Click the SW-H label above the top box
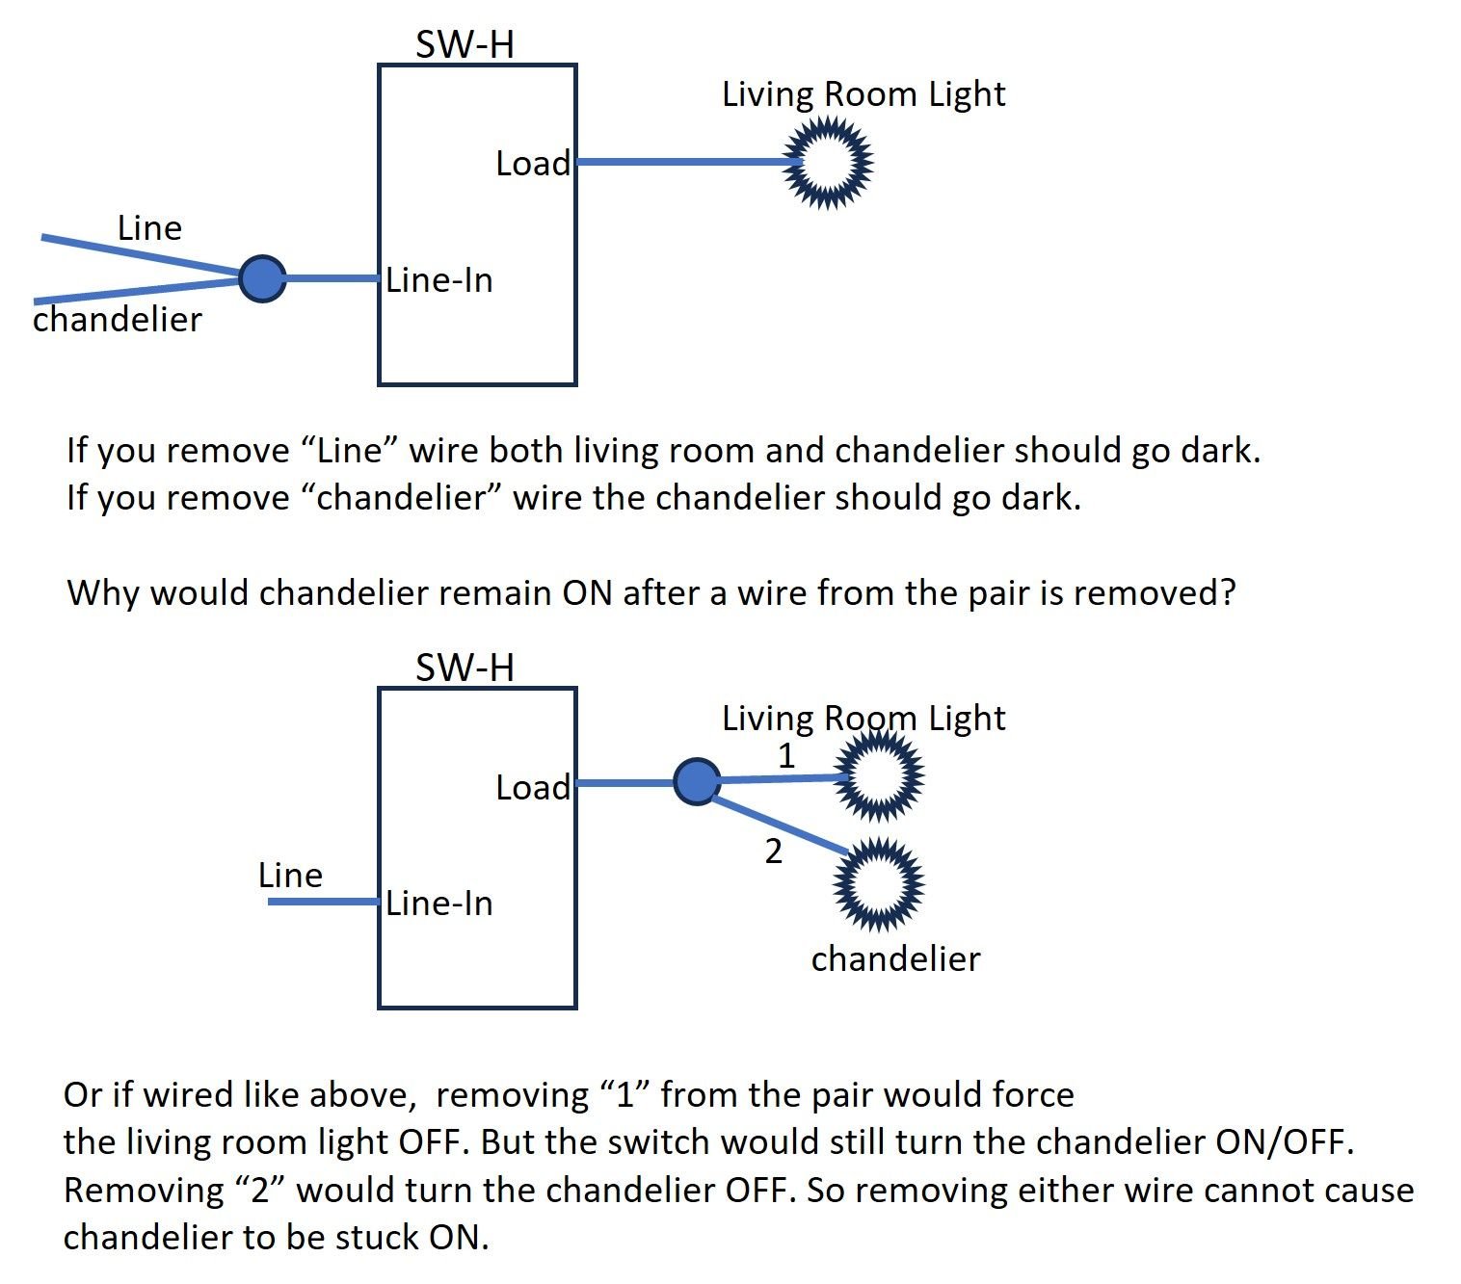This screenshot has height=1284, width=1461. [465, 44]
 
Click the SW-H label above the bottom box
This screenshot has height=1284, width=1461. [465, 668]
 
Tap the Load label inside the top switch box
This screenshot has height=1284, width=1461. [533, 164]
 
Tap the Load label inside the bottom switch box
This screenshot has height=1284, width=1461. [533, 788]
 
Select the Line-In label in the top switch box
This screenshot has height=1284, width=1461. [439, 280]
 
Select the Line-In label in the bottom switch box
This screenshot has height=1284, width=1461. [439, 904]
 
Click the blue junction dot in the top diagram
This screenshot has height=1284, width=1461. [262, 279]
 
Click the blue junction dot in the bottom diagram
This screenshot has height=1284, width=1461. [697, 781]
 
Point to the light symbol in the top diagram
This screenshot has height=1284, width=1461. [827, 163]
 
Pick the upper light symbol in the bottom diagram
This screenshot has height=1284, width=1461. [879, 776]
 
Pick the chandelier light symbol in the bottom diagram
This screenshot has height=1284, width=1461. [879, 884]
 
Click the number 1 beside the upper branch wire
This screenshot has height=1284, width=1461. [786, 756]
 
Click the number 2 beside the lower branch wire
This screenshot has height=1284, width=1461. [773, 852]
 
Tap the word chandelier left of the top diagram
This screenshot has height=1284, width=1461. [118, 319]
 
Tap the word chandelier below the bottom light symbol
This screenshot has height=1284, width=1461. [895, 958]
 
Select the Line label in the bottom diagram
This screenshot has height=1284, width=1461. [290, 875]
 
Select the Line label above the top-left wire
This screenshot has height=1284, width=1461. [149, 228]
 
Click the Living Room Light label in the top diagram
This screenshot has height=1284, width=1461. [863, 94]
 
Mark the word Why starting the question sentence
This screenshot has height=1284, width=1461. [103, 591]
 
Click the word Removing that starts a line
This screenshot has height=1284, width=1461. [143, 1190]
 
